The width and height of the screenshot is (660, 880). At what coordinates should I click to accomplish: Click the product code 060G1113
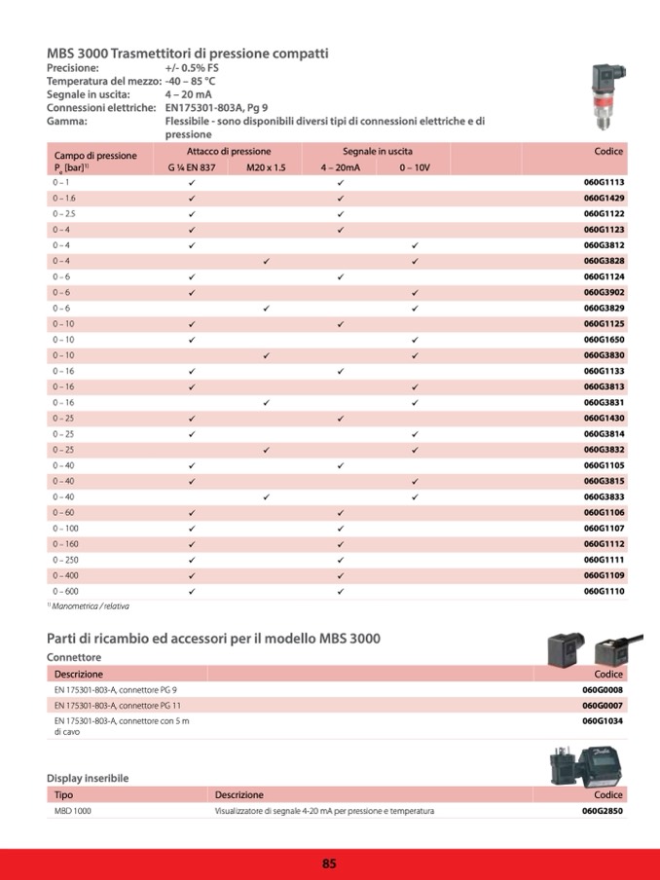point(604,182)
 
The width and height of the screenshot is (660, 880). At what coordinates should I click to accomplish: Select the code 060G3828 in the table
point(604,261)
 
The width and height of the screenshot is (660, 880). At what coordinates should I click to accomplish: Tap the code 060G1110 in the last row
point(604,591)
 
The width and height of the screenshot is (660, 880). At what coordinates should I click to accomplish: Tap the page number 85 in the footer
point(329,863)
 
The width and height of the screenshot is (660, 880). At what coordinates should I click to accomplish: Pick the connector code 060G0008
point(603,689)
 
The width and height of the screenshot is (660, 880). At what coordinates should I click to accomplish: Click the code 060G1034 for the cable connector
point(603,721)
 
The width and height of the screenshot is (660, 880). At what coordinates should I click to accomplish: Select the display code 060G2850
point(603,811)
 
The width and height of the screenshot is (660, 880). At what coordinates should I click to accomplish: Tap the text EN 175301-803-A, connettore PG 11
point(118,705)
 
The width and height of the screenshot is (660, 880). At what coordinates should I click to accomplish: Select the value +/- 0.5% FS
point(192,69)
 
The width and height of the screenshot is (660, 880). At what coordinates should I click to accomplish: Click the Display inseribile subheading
point(88,778)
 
